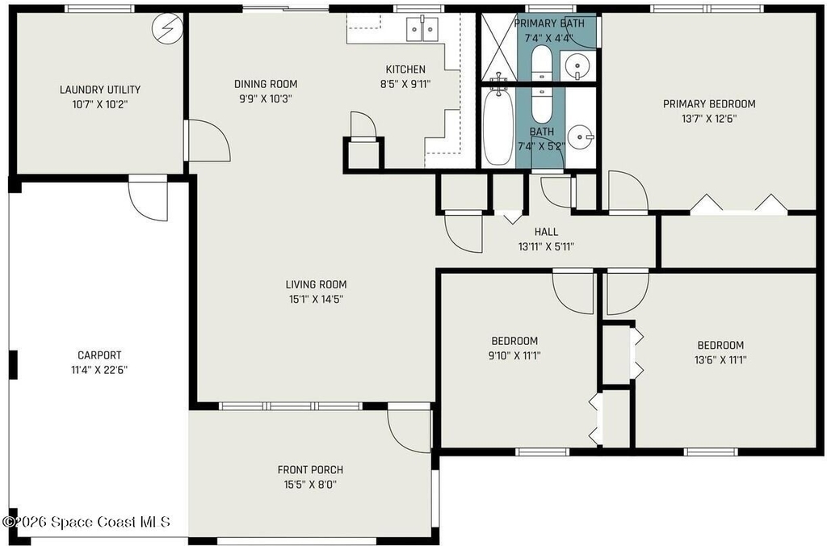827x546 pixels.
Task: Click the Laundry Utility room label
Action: pos(99,89)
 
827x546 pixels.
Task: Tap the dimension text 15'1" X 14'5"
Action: pos(316,299)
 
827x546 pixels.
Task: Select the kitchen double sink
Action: pos(422,29)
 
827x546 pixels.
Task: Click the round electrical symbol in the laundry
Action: pos(168,28)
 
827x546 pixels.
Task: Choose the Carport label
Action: pos(99,355)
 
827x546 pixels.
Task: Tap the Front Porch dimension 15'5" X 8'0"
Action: pos(310,485)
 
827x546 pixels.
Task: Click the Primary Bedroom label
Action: pos(709,103)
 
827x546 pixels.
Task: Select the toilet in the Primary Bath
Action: pos(542,62)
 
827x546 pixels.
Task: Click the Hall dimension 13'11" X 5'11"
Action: pos(546,246)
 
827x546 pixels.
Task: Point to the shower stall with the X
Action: pos(497,48)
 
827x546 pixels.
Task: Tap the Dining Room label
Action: pos(266,83)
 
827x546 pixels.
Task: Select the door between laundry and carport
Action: pos(149,199)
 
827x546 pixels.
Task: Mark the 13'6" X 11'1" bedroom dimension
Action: pos(720,360)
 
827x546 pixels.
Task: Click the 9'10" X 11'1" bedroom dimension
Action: pos(514,355)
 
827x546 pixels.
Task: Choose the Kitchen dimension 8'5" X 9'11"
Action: pos(405,84)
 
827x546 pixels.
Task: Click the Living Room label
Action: pos(316,284)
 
